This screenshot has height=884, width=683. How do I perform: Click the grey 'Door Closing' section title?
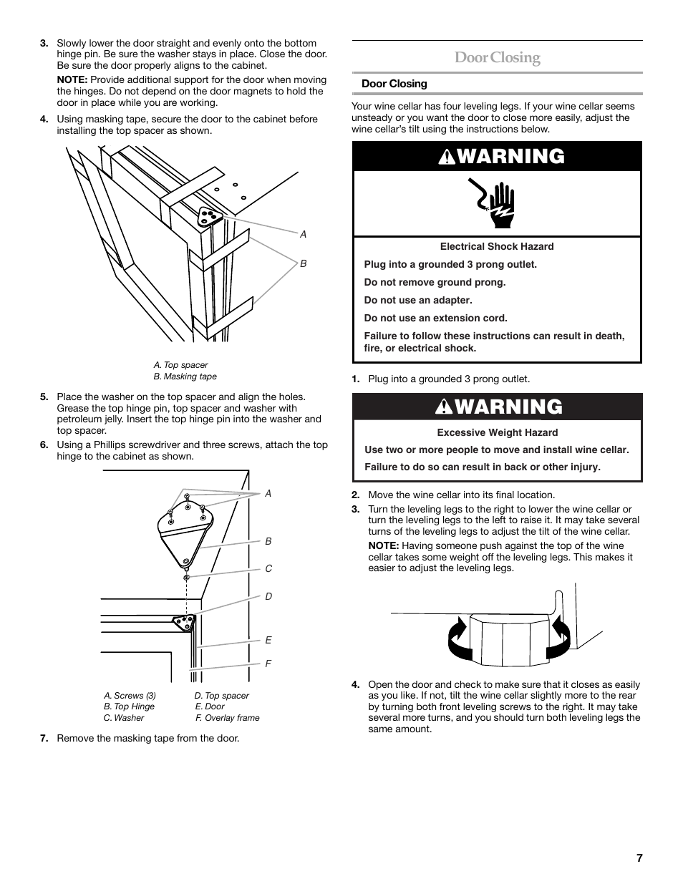[x=497, y=58]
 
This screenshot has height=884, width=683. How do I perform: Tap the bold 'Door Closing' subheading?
[x=394, y=84]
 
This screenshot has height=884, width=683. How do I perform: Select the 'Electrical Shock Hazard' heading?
[x=497, y=246]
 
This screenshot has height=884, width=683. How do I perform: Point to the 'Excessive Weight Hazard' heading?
[x=497, y=432]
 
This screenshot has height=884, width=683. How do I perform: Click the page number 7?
[x=639, y=858]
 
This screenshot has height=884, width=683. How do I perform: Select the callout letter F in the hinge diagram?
[x=268, y=664]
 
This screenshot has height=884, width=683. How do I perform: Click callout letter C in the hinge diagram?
[x=268, y=568]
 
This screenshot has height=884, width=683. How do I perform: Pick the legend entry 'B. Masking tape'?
[x=185, y=377]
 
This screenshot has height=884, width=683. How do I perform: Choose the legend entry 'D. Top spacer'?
[x=222, y=696]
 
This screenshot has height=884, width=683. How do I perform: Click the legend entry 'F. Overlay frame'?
[x=227, y=718]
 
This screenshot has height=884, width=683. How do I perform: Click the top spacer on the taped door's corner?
[x=208, y=217]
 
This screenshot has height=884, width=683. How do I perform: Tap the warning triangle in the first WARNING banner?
[x=442, y=157]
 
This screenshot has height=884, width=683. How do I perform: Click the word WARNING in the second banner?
[x=508, y=407]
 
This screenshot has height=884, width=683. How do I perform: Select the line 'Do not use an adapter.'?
[x=418, y=301]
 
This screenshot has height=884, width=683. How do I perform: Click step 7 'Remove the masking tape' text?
[x=148, y=738]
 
